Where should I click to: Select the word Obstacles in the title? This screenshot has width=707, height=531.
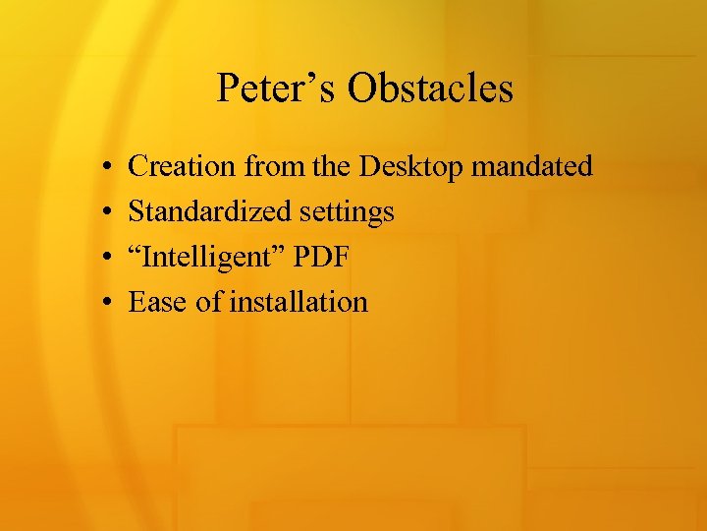(430, 88)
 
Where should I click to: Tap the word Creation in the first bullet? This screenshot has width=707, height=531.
(183, 166)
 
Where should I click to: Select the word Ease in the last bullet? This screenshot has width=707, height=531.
(158, 302)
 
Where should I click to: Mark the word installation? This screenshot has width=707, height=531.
(299, 302)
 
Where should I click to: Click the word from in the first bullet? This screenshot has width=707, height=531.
(275, 166)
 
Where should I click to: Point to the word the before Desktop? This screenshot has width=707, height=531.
(333, 166)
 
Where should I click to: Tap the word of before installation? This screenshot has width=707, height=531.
(209, 302)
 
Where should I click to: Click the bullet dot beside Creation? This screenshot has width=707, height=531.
(104, 167)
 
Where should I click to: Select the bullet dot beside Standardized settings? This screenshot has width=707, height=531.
(104, 212)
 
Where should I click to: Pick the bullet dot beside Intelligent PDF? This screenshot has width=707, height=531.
(104, 258)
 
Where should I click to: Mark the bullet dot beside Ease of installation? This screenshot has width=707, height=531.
(104, 303)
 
